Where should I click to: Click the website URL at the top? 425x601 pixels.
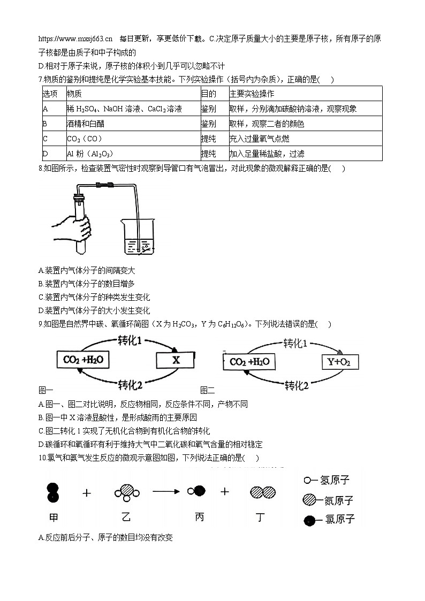(75, 39)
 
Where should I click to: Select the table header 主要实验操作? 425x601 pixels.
(252, 94)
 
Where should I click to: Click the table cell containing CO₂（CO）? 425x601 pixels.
(85, 139)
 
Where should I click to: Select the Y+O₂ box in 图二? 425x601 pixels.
(339, 362)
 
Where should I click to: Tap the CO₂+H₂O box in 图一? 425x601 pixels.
(82, 360)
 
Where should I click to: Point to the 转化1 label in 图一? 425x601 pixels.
(130, 339)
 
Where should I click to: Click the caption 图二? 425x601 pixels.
(207, 391)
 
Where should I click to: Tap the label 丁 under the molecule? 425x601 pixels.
(262, 517)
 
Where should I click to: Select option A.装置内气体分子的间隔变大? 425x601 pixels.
(87, 270)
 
